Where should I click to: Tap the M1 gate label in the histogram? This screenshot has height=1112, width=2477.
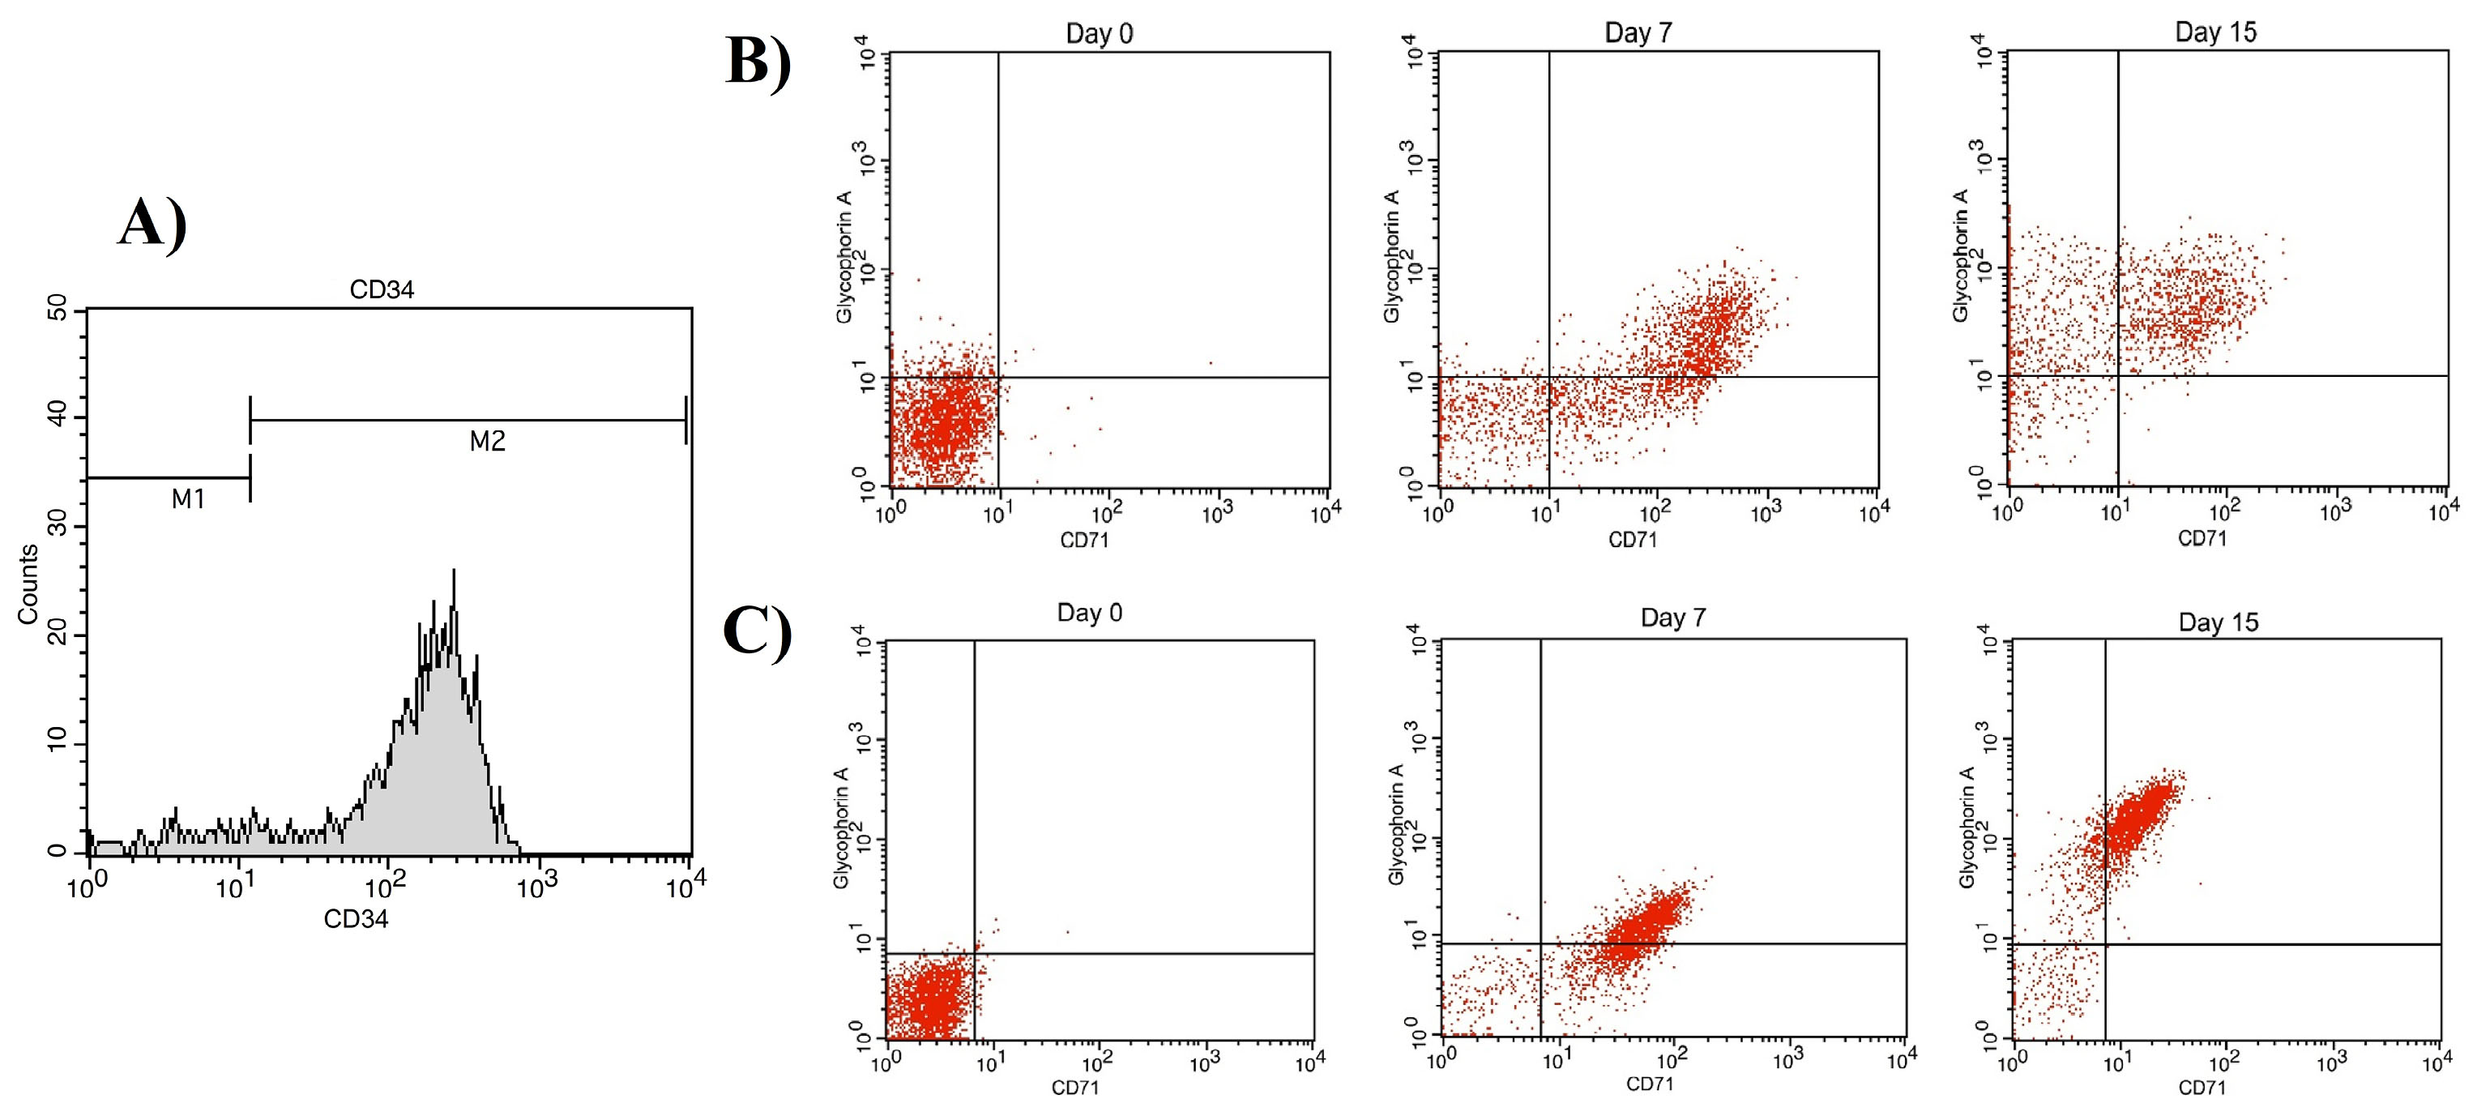click(189, 499)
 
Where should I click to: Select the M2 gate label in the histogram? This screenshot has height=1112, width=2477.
click(488, 442)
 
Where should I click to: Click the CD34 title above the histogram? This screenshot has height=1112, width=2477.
click(382, 289)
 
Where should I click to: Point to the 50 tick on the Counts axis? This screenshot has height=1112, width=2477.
click(57, 309)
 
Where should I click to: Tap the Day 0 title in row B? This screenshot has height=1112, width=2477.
click(1099, 34)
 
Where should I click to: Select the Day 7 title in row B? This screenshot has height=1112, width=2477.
click(1638, 32)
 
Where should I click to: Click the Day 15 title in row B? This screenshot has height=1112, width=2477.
click(2215, 32)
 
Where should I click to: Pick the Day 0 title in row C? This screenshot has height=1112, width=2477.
click(1090, 613)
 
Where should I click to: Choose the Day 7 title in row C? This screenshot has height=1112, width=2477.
click(1673, 618)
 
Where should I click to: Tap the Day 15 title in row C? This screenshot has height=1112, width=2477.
click(2219, 622)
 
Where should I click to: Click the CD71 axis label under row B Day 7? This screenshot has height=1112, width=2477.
click(1633, 541)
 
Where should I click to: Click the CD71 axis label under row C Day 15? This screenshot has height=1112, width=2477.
click(2202, 1088)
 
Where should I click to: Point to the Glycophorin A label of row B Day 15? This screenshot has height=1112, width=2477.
click(1961, 255)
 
